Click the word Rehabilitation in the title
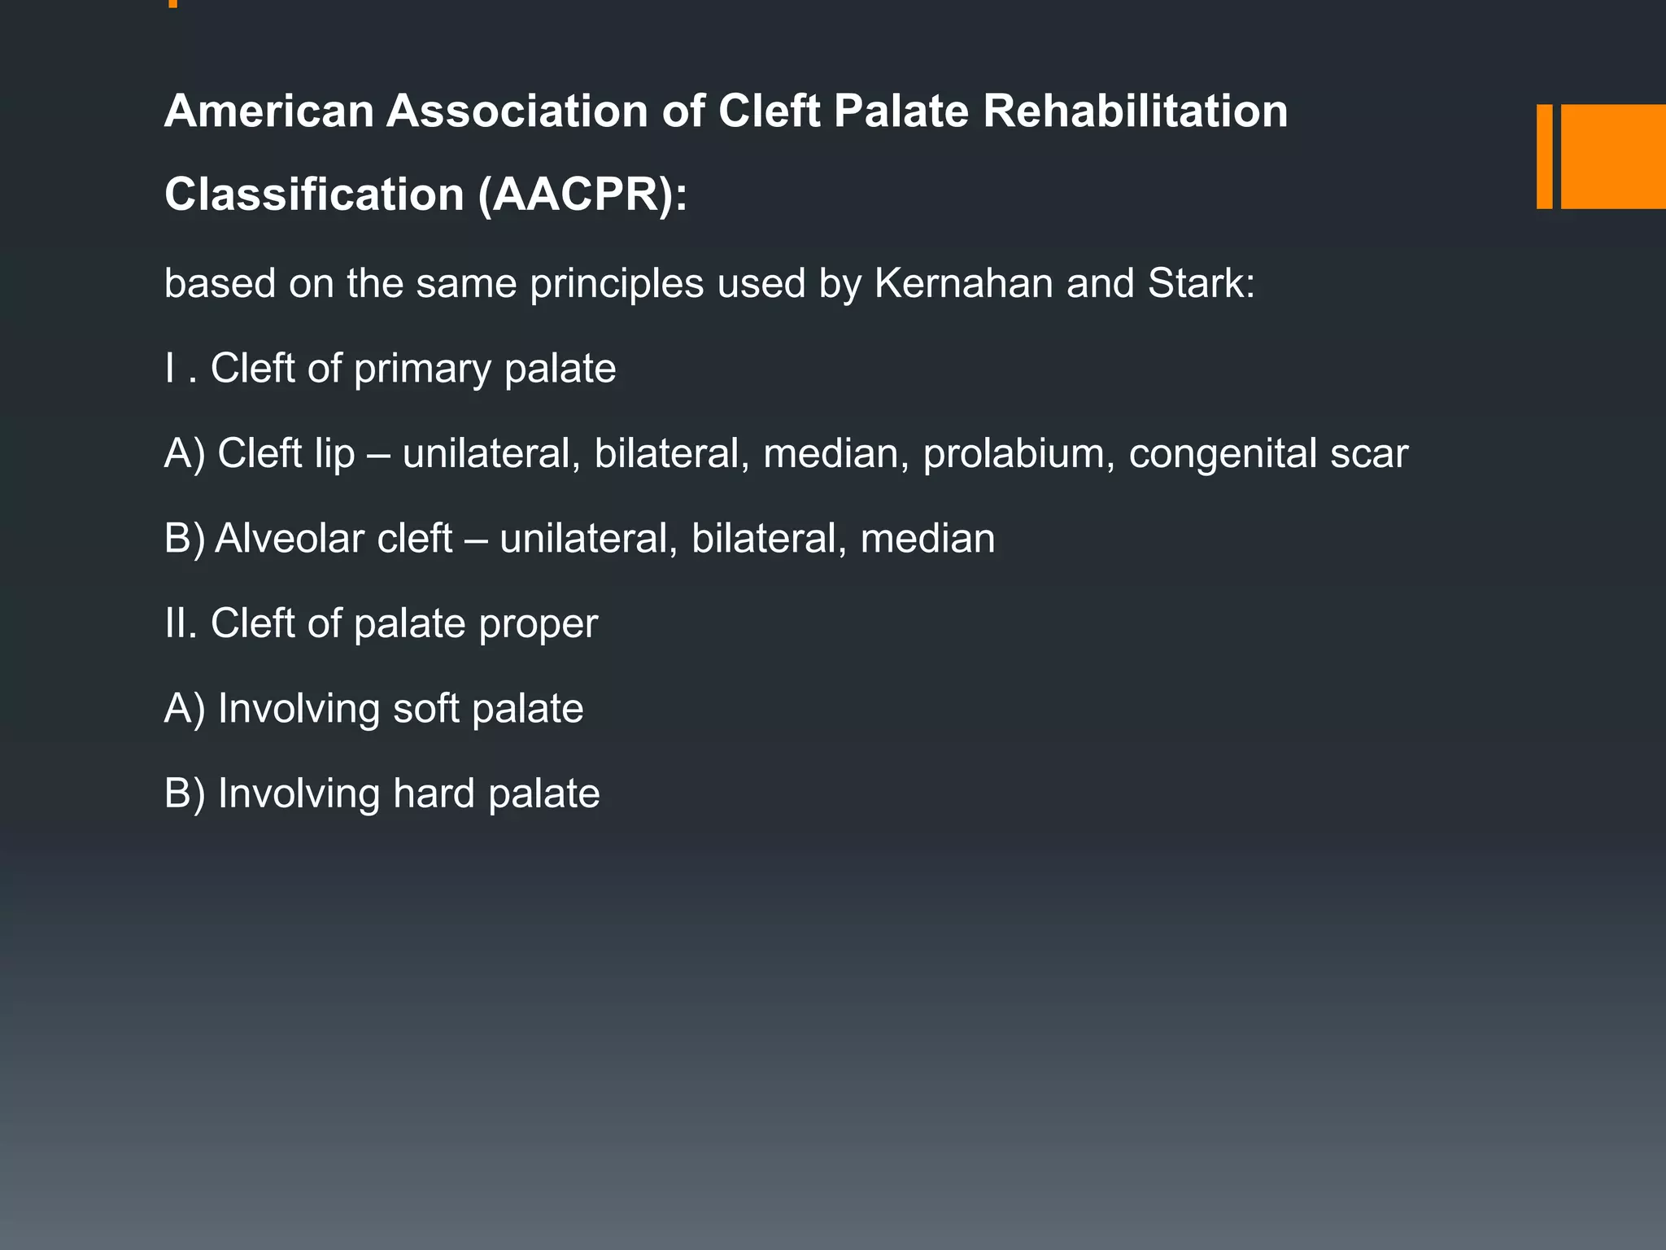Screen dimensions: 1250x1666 [1135, 111]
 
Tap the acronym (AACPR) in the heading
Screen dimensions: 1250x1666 [582, 195]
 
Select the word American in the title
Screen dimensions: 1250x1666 [268, 111]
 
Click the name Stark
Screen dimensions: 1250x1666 [1202, 283]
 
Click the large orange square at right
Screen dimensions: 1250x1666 [1612, 156]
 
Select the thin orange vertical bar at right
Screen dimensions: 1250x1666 [1544, 156]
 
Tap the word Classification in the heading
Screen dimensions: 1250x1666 [314, 195]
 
